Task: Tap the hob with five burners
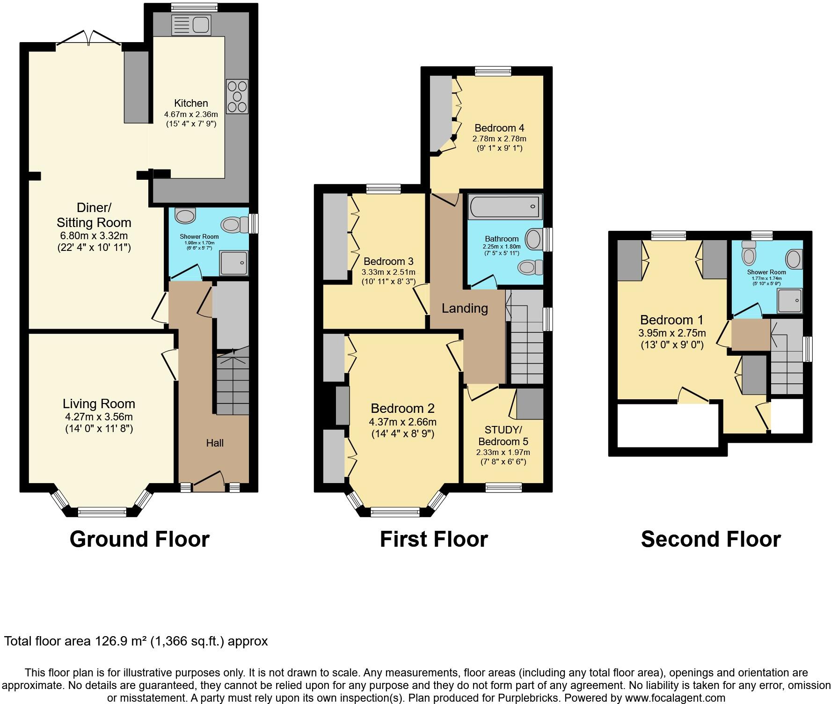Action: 237,97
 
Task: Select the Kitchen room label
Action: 191,103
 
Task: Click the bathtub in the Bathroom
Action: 504,206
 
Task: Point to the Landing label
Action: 465,308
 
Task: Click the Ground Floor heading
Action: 139,539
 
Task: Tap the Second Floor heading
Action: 710,539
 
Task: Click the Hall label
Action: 215,443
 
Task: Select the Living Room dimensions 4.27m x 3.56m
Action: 99,417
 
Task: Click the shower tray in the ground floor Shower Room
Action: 234,263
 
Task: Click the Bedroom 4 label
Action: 499,128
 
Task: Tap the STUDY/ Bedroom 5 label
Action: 503,436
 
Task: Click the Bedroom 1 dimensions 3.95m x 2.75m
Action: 672,333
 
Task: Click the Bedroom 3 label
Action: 388,262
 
